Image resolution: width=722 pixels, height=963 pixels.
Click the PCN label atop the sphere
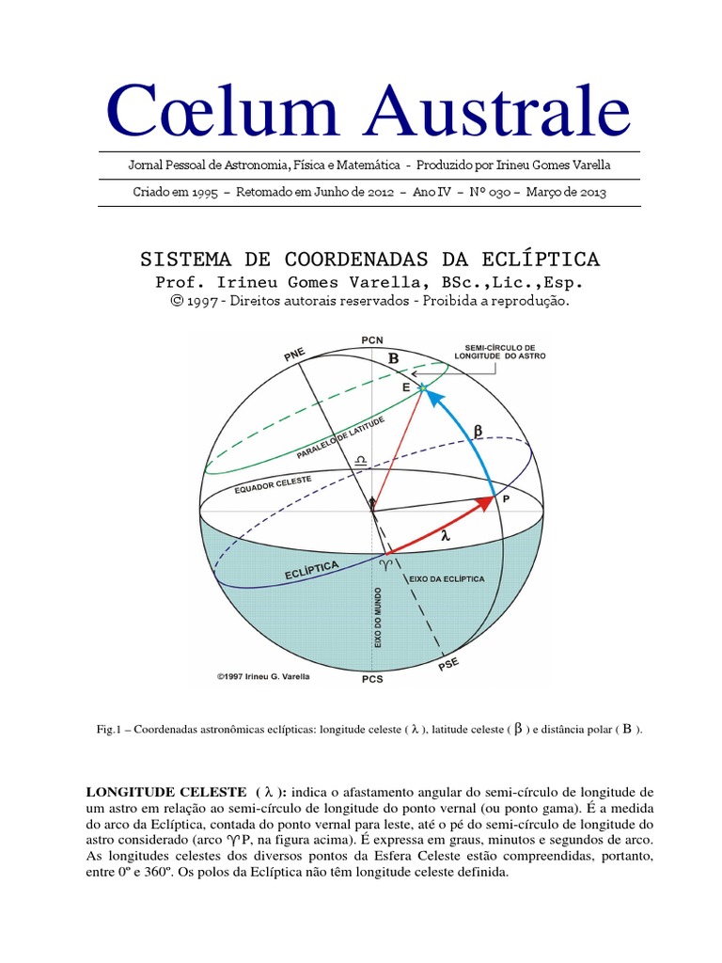click(x=371, y=339)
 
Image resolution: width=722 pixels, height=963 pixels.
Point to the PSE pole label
click(x=450, y=665)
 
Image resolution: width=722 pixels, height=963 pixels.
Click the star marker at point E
click(x=422, y=387)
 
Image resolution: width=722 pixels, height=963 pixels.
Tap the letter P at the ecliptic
click(x=506, y=501)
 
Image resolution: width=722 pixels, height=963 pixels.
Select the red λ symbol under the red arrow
click(x=446, y=535)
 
